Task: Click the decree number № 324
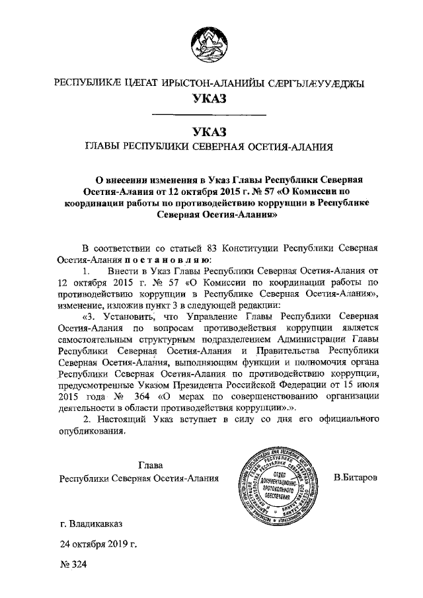pos(73,566)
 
